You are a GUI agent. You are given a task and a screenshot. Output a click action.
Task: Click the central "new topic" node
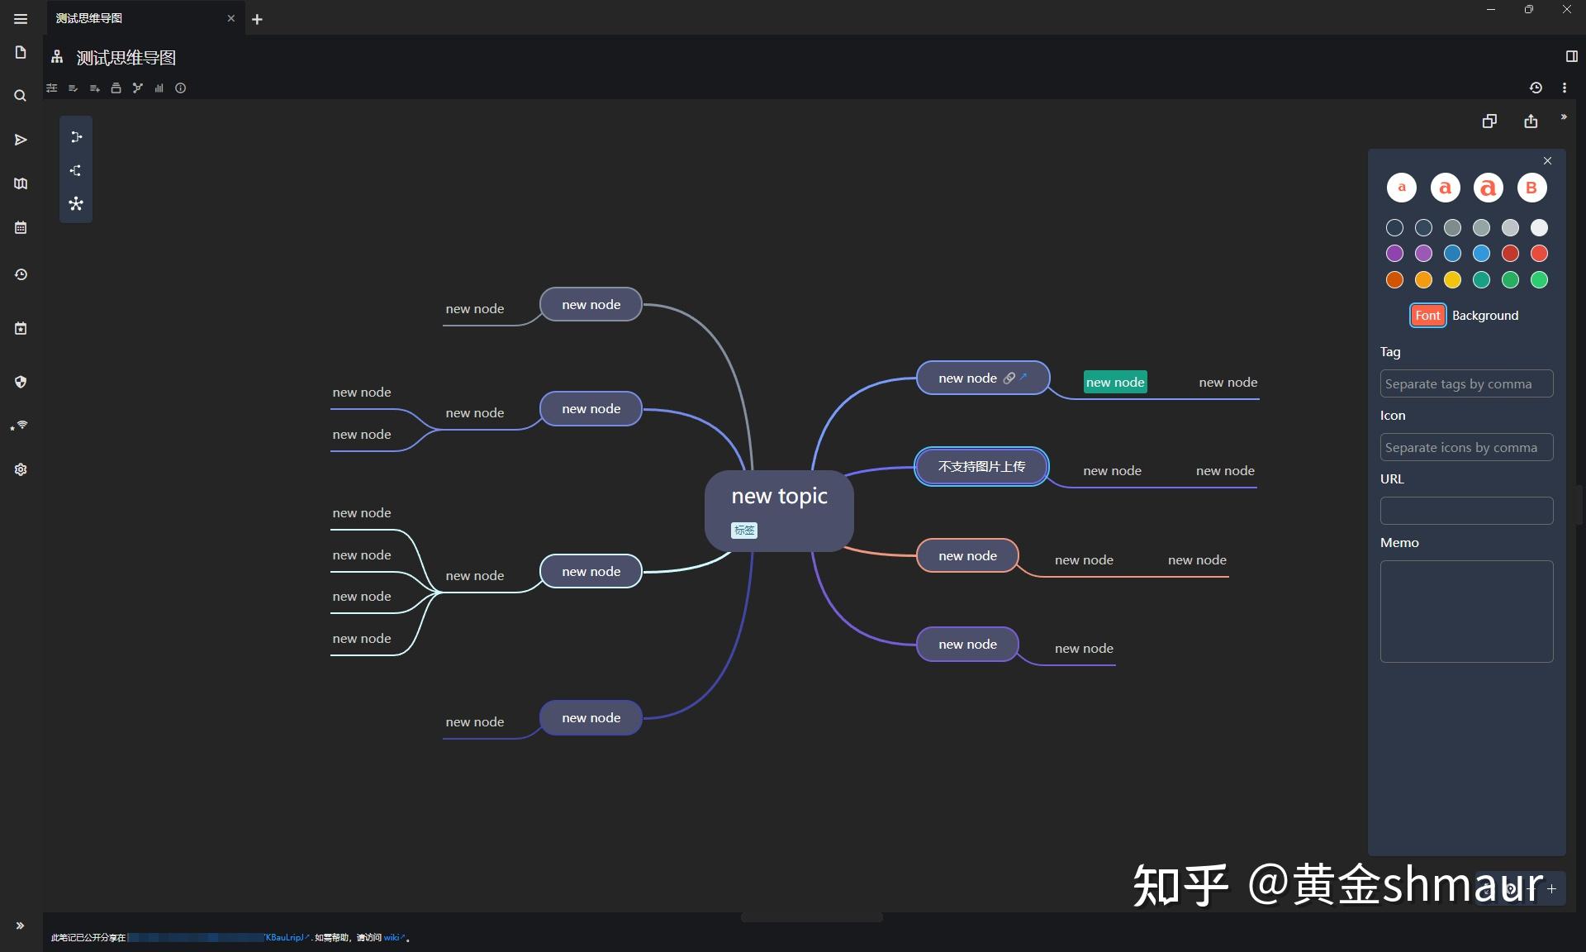(x=779, y=497)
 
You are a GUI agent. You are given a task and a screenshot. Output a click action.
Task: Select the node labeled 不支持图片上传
(x=981, y=467)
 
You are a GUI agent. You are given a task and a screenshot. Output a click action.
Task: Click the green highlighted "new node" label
(x=1115, y=382)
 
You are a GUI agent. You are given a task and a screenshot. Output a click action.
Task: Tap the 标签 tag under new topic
(x=744, y=531)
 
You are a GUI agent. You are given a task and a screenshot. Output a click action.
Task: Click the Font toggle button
(x=1427, y=316)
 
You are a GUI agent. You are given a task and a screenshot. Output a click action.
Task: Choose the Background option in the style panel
(x=1485, y=316)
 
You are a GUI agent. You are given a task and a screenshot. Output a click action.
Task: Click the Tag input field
(x=1466, y=384)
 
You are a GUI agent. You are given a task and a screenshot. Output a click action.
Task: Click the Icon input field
(x=1466, y=448)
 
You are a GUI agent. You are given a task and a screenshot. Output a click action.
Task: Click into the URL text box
(x=1466, y=511)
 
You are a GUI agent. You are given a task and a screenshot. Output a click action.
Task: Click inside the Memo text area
(x=1466, y=612)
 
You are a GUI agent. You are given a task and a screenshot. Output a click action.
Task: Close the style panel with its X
(x=1548, y=161)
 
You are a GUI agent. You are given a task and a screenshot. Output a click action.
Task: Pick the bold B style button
(x=1531, y=188)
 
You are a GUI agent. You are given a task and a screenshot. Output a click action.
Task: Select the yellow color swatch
(x=1452, y=280)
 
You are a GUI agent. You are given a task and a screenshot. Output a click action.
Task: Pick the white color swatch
(x=1539, y=228)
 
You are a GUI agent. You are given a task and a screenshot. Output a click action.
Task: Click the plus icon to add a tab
(x=258, y=19)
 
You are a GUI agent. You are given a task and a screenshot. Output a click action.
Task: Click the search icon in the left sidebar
(x=21, y=96)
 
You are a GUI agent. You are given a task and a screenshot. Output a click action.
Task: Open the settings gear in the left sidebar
(x=21, y=469)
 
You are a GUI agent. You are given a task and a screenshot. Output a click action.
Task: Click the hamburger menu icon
(x=21, y=19)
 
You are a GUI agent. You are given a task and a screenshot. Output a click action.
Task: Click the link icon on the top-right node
(x=1009, y=378)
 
